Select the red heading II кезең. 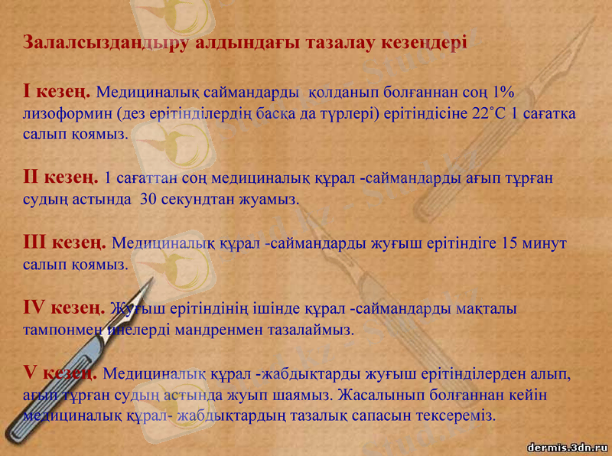[60, 178]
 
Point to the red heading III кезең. [64, 243]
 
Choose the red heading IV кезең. [63, 308]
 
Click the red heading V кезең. [59, 373]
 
